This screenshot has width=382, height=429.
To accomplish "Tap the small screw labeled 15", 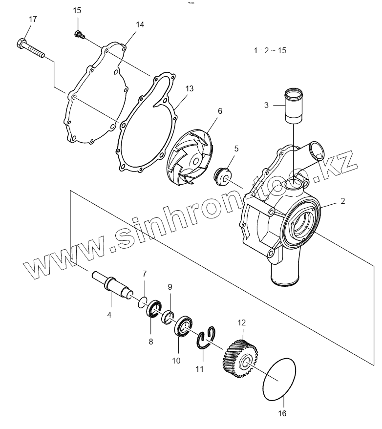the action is pos(79,34).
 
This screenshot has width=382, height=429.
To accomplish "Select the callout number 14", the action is pos(140,24).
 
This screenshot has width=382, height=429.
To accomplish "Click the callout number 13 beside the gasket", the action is pos(190,88).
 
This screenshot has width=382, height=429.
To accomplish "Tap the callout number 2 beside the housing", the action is pos(342,201).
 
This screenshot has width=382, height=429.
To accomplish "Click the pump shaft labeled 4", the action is pos(113,286).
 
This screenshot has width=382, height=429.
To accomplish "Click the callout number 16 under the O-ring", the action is pos(282,413).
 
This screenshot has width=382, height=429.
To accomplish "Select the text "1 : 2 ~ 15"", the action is pos(270,51).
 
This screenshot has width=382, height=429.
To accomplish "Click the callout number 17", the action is pos(32,19).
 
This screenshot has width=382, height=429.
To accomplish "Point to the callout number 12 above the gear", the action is pos(242,322).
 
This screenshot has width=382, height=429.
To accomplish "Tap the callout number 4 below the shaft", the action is pos(109,315).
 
